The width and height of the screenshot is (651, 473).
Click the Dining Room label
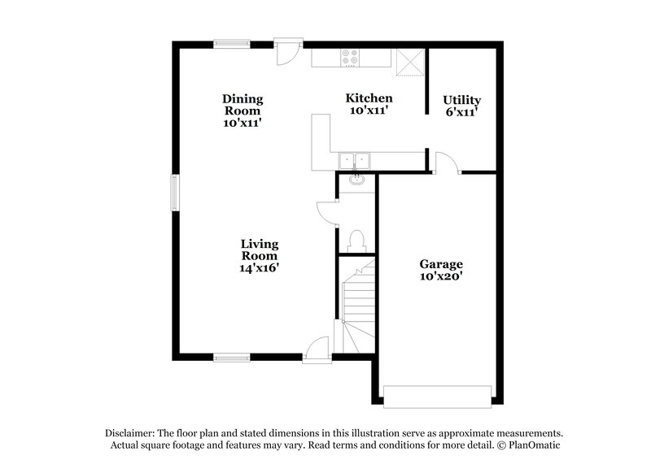point(242,111)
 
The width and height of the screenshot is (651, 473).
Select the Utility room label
point(461,106)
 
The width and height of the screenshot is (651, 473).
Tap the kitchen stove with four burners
point(351,58)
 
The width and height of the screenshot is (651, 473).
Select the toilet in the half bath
point(356,240)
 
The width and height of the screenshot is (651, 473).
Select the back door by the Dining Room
point(287,51)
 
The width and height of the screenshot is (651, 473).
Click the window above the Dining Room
point(231,43)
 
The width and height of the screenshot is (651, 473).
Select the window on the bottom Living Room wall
point(231,356)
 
